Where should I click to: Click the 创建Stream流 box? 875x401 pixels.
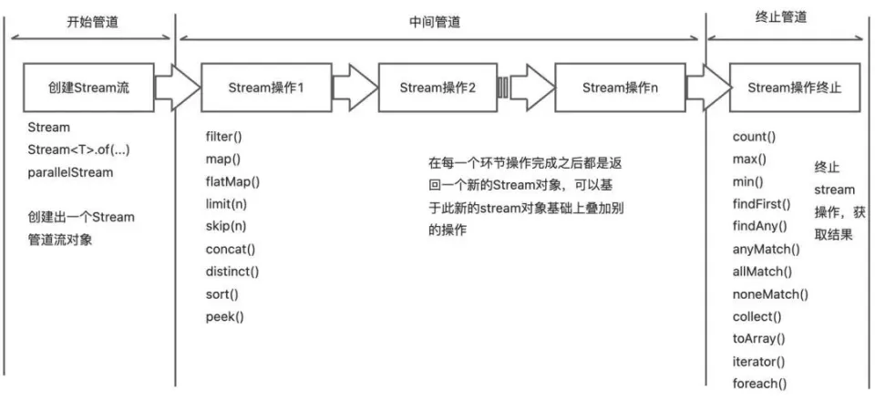[x=89, y=87]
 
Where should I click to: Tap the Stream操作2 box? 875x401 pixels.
[x=437, y=87]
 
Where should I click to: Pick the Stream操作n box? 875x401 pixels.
[x=619, y=87]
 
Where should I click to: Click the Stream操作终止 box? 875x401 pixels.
[x=794, y=87]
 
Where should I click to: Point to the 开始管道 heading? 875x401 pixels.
[x=91, y=21]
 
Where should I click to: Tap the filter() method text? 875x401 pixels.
[x=223, y=138]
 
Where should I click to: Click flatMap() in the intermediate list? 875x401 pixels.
[x=232, y=181]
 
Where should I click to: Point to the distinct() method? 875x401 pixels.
[x=232, y=271]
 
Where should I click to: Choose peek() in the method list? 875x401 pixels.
[x=224, y=316]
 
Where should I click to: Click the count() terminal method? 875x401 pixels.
[x=754, y=138]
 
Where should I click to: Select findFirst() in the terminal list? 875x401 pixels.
[x=762, y=203]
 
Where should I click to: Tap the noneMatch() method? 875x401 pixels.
[x=770, y=293]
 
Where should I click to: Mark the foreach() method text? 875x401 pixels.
[x=759, y=384]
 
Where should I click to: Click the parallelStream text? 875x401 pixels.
[x=69, y=171]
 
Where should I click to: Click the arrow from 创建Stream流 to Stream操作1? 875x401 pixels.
[x=177, y=87]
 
